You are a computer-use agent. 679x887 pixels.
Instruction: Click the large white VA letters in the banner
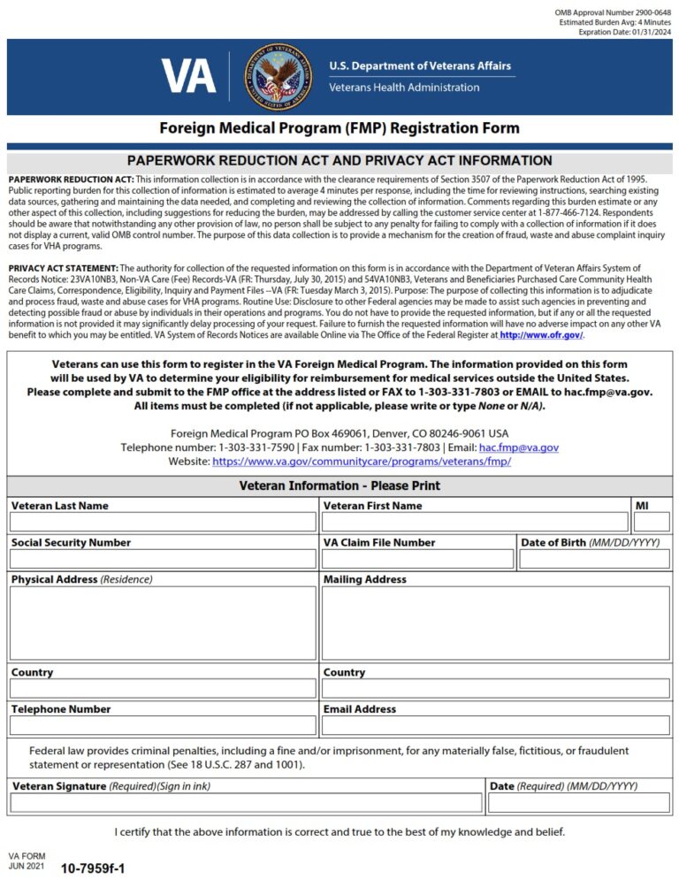tap(188, 76)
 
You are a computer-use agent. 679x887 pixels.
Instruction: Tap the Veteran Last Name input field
tap(163, 523)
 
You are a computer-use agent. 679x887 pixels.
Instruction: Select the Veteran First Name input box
tap(475, 523)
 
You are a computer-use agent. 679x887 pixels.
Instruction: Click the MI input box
tap(651, 523)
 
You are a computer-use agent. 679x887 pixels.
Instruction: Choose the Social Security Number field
tap(163, 559)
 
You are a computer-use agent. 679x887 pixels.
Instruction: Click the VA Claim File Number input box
tap(417, 559)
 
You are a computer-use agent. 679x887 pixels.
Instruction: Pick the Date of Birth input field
tap(594, 559)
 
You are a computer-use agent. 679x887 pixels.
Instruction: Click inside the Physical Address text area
tap(163, 623)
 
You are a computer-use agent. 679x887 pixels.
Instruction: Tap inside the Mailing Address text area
tap(495, 623)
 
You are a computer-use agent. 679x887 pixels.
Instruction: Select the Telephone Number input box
tap(163, 726)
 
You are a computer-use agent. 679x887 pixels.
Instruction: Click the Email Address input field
tap(495, 726)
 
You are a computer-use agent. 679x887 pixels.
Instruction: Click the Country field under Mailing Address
tap(495, 689)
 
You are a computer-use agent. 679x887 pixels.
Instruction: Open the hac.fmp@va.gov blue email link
tap(518, 448)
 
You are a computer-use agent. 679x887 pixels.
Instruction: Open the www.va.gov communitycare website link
tap(362, 462)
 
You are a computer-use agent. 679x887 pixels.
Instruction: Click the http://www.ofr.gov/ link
tap(541, 335)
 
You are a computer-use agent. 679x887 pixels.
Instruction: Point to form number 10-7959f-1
tap(93, 868)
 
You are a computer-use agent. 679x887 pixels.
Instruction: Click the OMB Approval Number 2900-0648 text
tap(613, 11)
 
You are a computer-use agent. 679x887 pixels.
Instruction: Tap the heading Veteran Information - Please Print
tap(339, 486)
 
